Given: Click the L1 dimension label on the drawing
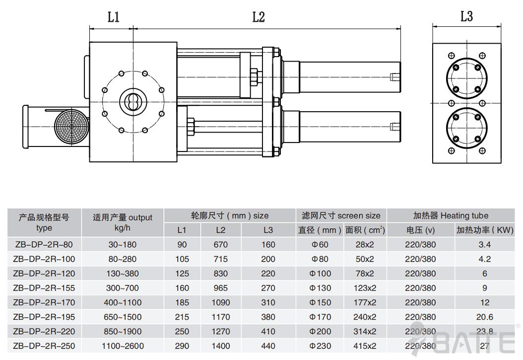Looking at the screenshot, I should click(114, 17).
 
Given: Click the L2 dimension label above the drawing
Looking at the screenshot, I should click(259, 17).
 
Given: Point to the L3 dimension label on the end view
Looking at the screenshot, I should click(466, 16).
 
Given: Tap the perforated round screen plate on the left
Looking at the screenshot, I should click(70, 128).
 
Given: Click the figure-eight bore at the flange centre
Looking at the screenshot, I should click(133, 101).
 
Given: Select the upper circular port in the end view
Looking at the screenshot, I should click(466, 77).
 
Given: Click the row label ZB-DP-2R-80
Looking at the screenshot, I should click(43, 244).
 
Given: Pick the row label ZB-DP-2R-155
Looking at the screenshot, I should click(43, 288).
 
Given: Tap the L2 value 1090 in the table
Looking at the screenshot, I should click(221, 302).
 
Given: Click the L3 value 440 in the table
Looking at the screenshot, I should click(268, 346).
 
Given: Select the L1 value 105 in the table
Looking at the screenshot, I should click(182, 259).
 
